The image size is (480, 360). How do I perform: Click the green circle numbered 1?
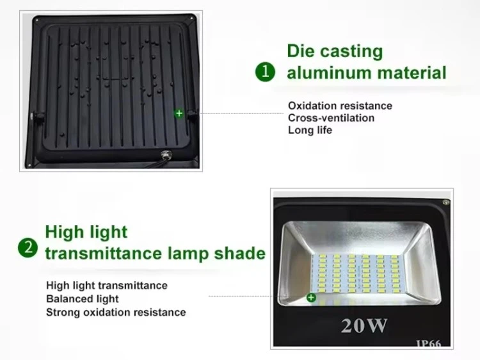(x=266, y=72)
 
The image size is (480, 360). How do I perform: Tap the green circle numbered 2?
(x=27, y=247)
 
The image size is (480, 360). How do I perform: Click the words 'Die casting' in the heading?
(x=335, y=51)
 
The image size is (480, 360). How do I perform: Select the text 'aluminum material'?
(x=366, y=72)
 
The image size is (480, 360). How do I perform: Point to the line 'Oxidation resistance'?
(x=340, y=106)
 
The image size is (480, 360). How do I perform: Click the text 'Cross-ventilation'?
(x=331, y=118)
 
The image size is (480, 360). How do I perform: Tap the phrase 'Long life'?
(x=310, y=130)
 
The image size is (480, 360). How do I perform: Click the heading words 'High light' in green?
(x=86, y=232)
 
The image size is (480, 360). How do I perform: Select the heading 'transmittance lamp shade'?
(x=155, y=253)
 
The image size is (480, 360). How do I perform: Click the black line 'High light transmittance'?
(x=107, y=286)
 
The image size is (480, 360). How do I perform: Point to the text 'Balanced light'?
(x=83, y=299)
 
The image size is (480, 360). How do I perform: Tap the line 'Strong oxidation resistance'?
(x=116, y=313)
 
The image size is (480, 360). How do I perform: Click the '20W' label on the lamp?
(x=364, y=326)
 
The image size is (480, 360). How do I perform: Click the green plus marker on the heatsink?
(x=179, y=113)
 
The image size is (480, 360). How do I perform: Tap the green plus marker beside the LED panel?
(x=312, y=297)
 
